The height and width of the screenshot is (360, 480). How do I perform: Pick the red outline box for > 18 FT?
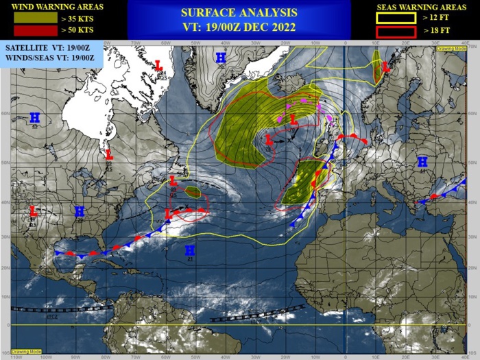(396, 32)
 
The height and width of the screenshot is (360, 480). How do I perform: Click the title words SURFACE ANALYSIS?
(239, 12)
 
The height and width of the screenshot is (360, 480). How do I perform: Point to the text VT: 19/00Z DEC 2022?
(239, 27)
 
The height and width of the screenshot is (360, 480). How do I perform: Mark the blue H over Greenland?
(221, 58)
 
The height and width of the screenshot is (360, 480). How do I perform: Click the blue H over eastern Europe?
(422, 162)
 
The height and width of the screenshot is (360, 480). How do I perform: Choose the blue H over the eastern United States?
(80, 211)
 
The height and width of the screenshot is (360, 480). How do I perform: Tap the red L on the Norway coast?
(385, 67)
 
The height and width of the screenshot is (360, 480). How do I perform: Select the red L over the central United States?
(33, 211)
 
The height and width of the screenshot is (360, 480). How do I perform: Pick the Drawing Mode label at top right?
(456, 49)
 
